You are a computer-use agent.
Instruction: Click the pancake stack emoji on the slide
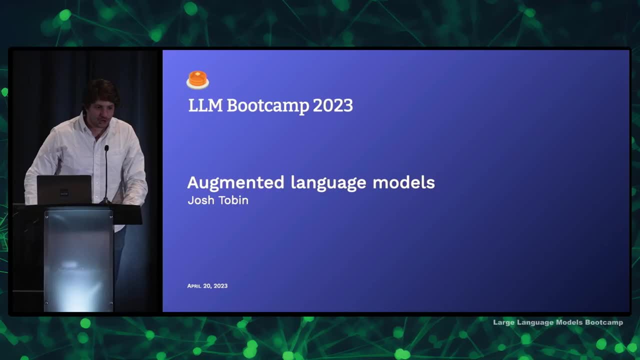coord(197,80)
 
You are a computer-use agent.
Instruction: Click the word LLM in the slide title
coord(205,105)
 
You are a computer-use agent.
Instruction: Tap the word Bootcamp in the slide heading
coord(268,106)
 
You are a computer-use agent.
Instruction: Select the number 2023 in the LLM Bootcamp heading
coord(333,105)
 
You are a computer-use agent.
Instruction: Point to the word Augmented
coord(235,183)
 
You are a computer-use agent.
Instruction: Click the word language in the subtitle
coord(328,183)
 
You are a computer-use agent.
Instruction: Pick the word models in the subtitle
coord(403,182)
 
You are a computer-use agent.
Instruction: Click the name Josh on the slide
coord(201,200)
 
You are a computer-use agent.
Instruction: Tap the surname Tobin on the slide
coord(233,200)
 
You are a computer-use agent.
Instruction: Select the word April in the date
coord(194,286)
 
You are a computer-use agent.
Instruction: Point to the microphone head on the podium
coord(106,148)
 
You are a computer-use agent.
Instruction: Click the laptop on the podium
coord(64,189)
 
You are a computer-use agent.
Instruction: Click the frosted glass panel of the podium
coord(78,260)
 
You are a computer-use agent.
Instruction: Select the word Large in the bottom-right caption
coord(503,322)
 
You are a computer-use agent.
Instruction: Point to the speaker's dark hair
coord(101,91)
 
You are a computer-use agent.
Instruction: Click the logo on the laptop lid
coord(64,192)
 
